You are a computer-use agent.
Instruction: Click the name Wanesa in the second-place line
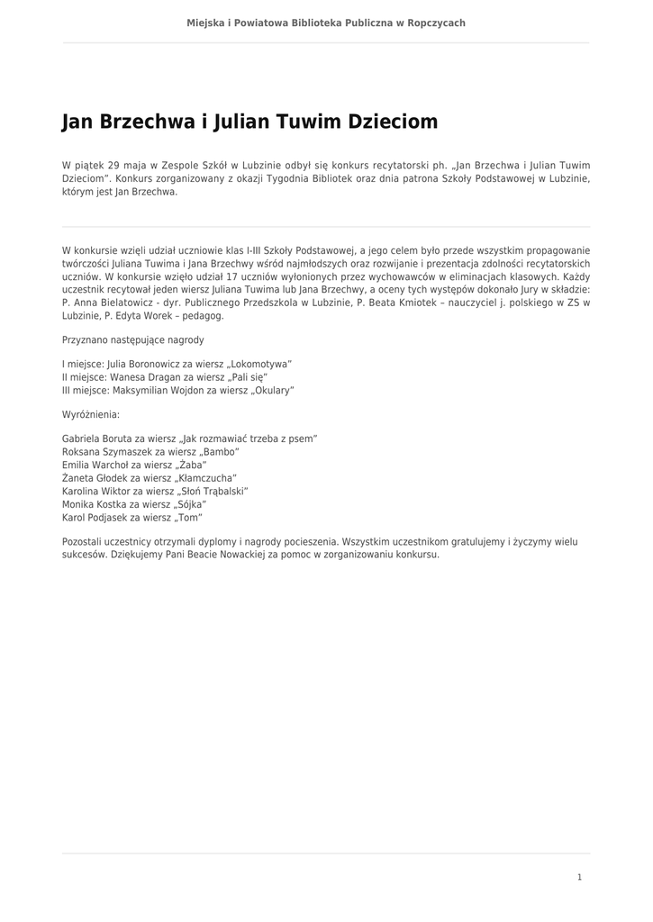pos(128,377)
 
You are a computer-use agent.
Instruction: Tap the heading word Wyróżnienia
pos(90,415)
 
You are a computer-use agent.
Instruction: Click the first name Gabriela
pos(81,438)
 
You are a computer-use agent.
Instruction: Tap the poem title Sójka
pos(189,504)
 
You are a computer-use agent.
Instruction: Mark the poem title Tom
pos(186,518)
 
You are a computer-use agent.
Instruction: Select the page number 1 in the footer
pos(579,876)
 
